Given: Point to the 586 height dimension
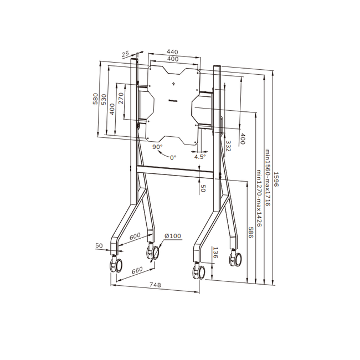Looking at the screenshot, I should point(250,233).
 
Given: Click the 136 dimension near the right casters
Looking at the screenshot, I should point(215,253).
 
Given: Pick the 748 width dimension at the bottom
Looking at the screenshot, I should point(156,285).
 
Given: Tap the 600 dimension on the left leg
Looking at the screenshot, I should point(135,236).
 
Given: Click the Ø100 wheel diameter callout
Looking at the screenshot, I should point(172,236).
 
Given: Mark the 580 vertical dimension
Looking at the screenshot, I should point(95,99).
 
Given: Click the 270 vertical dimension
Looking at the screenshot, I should point(121,98).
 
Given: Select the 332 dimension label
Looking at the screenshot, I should point(228,145).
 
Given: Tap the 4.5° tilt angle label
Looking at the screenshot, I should point(199,157).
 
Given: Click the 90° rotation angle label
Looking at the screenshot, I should point(157,147).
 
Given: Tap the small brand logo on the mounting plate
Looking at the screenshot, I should point(173,101).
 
